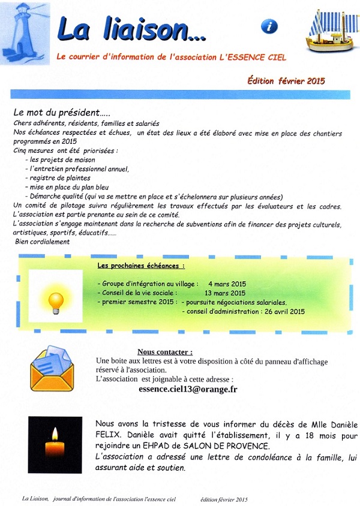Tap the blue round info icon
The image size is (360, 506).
pyautogui.click(x=270, y=26)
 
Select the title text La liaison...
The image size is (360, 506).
pyautogui.click(x=131, y=28)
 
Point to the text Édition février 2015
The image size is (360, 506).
pyautogui.click(x=286, y=80)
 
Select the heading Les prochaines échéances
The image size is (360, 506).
pyautogui.click(x=141, y=265)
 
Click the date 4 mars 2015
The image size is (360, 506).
pyautogui.click(x=227, y=283)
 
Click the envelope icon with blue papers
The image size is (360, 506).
pyautogui.click(x=53, y=368)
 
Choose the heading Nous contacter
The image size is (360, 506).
pyautogui.click(x=165, y=352)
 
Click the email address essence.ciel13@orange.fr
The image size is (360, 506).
pyautogui.click(x=187, y=388)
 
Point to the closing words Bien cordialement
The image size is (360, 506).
pyautogui.click(x=43, y=242)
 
